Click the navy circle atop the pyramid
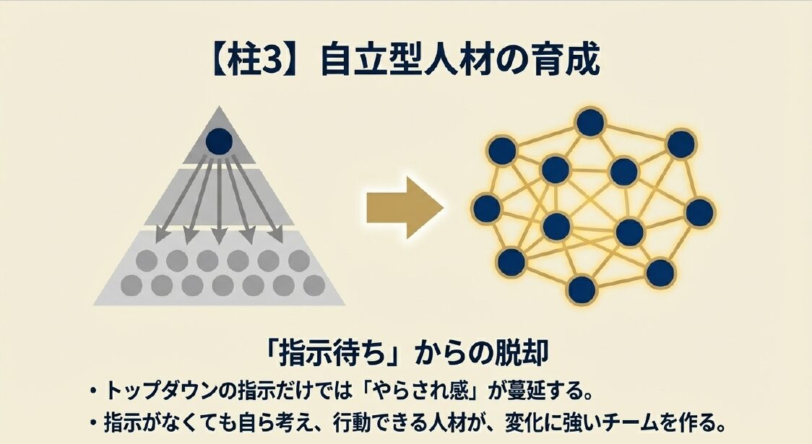coord(219,142)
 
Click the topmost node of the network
coord(590,123)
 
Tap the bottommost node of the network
coord(582,289)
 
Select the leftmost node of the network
coord(487,209)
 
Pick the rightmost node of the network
coord(699,212)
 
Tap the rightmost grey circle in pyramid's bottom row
coord(313,284)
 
